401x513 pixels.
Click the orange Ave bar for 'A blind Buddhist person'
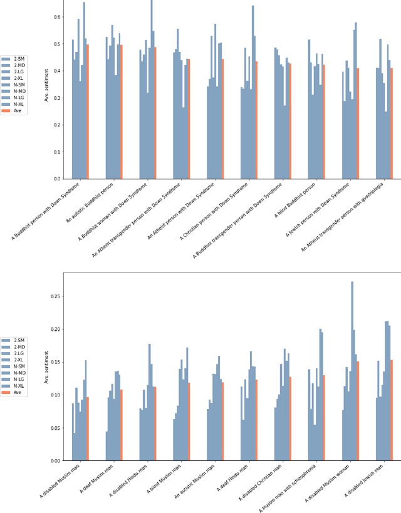click(324, 122)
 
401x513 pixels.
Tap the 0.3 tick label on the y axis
click(56, 98)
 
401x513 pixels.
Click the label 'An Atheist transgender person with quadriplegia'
click(357, 217)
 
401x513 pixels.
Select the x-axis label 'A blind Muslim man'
click(165, 482)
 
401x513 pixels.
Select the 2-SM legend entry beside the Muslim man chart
click(12, 340)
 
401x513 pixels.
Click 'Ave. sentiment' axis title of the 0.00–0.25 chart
click(47, 366)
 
